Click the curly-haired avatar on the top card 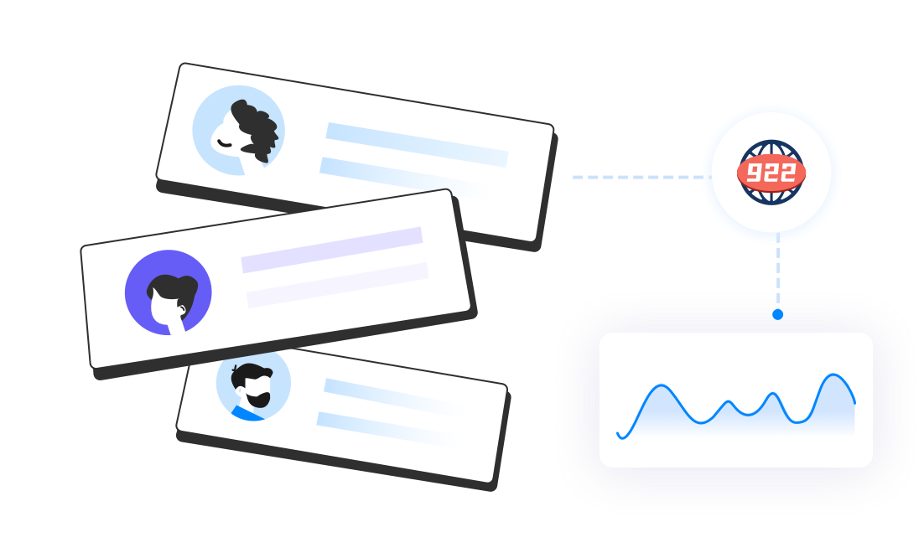point(239,130)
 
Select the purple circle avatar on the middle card point(169,292)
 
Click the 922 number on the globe point(771,173)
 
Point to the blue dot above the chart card point(778,314)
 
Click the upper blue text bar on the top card point(417,144)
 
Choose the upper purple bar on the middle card point(332,250)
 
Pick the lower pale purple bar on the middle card point(337,285)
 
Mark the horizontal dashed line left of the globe point(637,178)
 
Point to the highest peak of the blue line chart point(833,375)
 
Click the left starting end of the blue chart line point(619,434)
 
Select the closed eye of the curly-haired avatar point(224,142)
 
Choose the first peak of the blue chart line point(661,386)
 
